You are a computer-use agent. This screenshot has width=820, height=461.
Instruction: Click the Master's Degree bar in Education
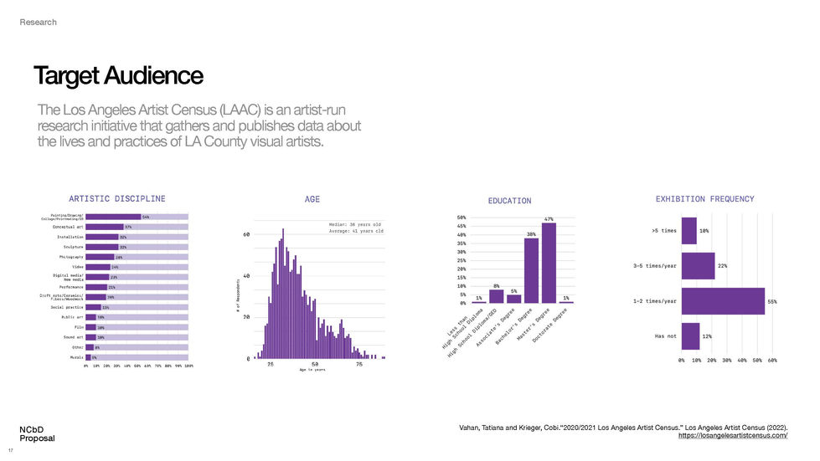(549, 263)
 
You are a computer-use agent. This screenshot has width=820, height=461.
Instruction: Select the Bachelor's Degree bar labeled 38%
(531, 270)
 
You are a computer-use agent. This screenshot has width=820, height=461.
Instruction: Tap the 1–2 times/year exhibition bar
(723, 301)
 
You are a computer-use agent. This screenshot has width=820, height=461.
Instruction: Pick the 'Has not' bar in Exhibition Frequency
(690, 336)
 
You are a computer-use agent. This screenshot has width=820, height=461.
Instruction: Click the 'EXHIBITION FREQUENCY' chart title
(704, 199)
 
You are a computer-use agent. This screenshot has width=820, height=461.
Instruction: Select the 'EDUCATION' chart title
(509, 201)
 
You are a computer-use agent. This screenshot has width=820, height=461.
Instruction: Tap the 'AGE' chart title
(312, 199)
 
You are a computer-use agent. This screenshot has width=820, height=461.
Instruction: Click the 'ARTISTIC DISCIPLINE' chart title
(116, 198)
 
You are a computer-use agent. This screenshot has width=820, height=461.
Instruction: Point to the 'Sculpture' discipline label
(72, 248)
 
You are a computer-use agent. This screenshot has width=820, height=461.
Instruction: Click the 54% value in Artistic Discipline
(146, 217)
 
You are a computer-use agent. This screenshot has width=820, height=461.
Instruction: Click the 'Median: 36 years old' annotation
(356, 224)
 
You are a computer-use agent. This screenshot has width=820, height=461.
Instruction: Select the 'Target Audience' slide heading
(118, 76)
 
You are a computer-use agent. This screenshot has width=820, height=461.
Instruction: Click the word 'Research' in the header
(39, 22)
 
